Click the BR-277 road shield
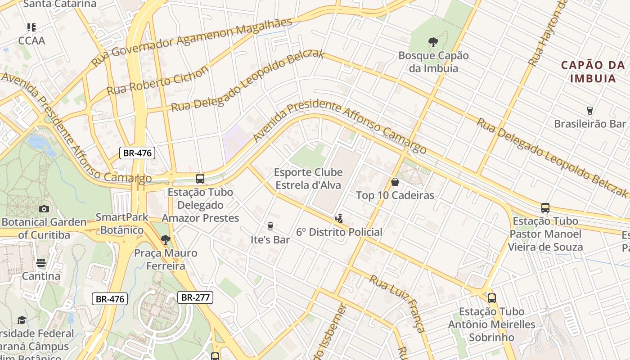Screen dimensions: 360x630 pyautogui.click(x=195, y=297)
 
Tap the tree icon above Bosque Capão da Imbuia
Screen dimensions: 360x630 pyautogui.click(x=433, y=42)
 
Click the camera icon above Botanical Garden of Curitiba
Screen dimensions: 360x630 pyautogui.click(x=44, y=209)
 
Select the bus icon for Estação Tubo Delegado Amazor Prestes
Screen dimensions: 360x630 pyautogui.click(x=200, y=179)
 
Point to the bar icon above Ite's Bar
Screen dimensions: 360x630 pyautogui.click(x=270, y=226)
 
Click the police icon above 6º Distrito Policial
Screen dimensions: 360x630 pyautogui.click(x=339, y=219)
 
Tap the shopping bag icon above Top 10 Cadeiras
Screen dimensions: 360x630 pyautogui.click(x=395, y=182)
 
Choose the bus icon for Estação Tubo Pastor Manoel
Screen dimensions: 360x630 pyautogui.click(x=545, y=208)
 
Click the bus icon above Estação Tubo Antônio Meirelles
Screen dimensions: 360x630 pyautogui.click(x=491, y=298)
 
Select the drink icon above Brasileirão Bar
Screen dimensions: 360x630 pyautogui.click(x=589, y=110)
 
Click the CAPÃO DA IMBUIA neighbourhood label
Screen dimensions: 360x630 pyautogui.click(x=593, y=72)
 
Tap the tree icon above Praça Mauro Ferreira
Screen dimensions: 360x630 pyautogui.click(x=166, y=239)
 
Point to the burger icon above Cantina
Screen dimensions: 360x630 pyautogui.click(x=41, y=263)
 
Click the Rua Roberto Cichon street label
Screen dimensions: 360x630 pyautogui.click(x=157, y=81)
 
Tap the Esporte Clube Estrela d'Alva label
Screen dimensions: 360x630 pyautogui.click(x=308, y=179)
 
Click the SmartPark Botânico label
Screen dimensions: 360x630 pyautogui.click(x=121, y=224)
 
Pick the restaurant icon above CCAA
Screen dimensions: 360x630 pyautogui.click(x=31, y=27)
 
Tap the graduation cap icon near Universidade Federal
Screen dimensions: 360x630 pyautogui.click(x=22, y=320)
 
